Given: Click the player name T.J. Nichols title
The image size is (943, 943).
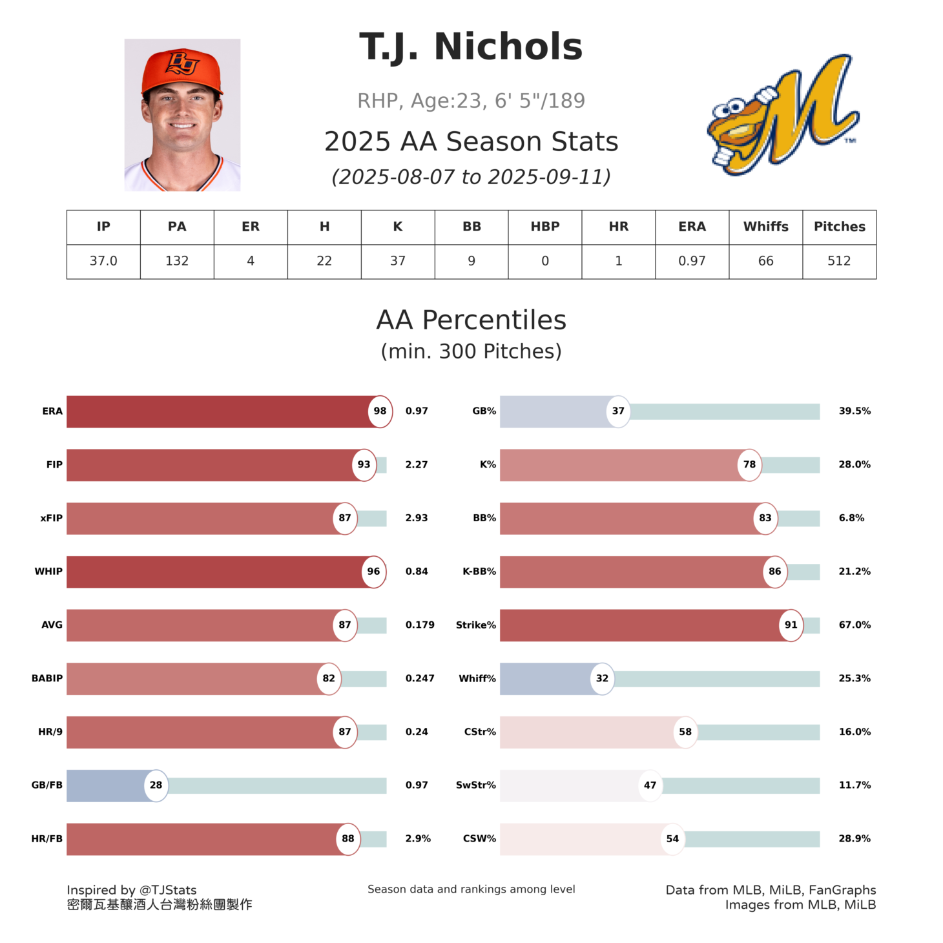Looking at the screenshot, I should point(471,47).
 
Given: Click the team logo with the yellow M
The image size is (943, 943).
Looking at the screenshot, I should point(782,115).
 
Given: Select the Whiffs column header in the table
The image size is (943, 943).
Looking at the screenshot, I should point(765,227).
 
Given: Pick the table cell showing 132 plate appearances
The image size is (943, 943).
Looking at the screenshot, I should point(177,261).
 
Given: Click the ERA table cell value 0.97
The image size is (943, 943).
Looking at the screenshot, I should point(692,261).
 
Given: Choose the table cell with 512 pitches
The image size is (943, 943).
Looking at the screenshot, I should point(839,261).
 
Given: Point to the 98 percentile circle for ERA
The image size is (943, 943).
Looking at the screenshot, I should point(380,411).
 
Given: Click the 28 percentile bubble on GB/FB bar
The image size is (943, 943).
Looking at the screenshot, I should point(156,785).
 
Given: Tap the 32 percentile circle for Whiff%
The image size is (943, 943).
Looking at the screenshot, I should point(602,679).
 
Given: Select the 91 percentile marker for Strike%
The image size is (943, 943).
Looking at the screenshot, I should point(791,625).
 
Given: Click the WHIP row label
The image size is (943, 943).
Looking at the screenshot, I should point(48,572).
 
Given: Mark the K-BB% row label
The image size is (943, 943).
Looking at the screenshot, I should point(479,572).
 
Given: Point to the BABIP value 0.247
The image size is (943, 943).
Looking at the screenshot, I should point(420,679).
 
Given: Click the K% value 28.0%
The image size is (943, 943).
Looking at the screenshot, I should point(855,464).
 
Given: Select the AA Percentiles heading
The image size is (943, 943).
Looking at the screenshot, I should point(471,320).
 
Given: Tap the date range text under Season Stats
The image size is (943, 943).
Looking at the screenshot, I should point(471,177).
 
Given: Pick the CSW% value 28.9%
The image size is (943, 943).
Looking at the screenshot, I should point(855,839).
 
